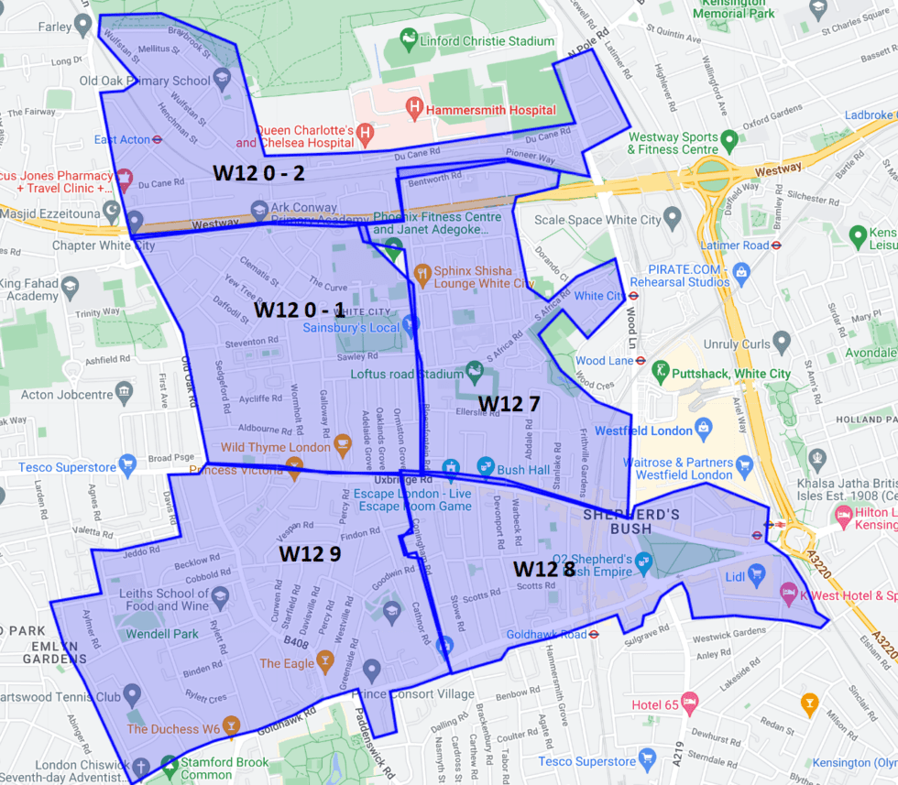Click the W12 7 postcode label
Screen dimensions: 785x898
(509, 402)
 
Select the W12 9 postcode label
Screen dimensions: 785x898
(310, 553)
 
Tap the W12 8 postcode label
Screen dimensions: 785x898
(543, 568)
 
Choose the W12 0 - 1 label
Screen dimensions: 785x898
(299, 309)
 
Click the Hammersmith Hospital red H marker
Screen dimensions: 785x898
(414, 109)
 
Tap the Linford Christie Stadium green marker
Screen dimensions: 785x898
(407, 40)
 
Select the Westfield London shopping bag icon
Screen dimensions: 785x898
(703, 426)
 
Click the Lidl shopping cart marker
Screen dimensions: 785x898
(756, 574)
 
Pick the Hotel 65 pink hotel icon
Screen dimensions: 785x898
(689, 703)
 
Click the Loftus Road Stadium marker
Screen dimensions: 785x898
(475, 371)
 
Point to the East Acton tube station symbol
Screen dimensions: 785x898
(159, 140)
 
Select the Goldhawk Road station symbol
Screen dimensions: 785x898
(594, 633)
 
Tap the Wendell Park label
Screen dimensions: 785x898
(162, 634)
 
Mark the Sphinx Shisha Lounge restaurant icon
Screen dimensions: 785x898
(422, 271)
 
